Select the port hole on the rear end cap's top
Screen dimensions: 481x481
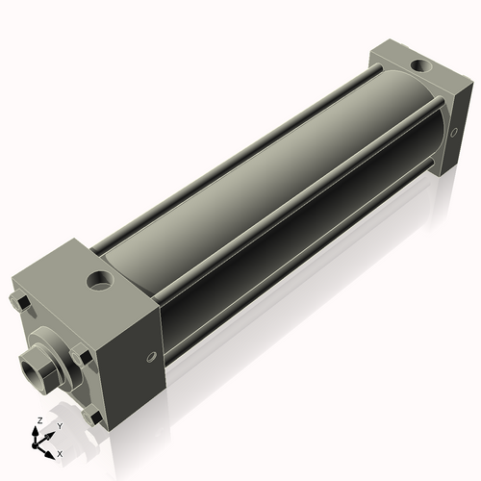[419, 66]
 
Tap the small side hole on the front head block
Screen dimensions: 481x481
[151, 358]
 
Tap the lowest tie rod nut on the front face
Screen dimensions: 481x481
[93, 418]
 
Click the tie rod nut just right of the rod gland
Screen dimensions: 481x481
[85, 359]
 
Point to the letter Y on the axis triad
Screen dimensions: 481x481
[59, 425]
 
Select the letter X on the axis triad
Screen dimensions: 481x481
[60, 452]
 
